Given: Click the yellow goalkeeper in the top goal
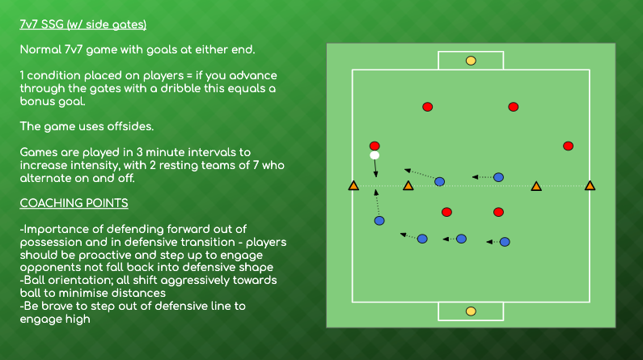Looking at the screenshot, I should (471, 60).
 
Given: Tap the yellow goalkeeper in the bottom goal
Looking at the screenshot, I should (471, 311).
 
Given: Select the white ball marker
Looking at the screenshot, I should (374, 155).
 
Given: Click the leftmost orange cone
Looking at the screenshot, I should (353, 187).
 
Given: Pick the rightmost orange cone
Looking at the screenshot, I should (590, 187).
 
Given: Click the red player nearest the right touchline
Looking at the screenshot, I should (568, 146).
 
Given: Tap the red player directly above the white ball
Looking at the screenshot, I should (374, 146).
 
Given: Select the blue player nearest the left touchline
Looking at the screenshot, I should (379, 220).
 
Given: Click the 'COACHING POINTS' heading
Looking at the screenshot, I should (74, 202).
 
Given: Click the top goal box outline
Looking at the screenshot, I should (471, 53).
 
